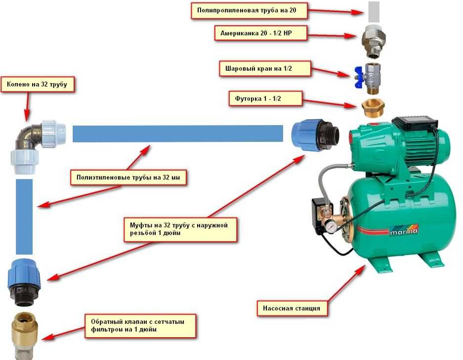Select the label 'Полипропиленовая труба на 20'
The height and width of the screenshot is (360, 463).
(250, 10)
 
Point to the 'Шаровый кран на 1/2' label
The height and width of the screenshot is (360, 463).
(265, 68)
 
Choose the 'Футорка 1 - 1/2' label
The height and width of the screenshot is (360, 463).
(265, 97)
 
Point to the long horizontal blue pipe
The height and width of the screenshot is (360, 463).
(177, 134)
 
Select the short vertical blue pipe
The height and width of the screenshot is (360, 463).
(24, 217)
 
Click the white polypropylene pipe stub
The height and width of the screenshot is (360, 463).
(374, 12)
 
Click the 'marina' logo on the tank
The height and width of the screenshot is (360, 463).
(404, 231)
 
